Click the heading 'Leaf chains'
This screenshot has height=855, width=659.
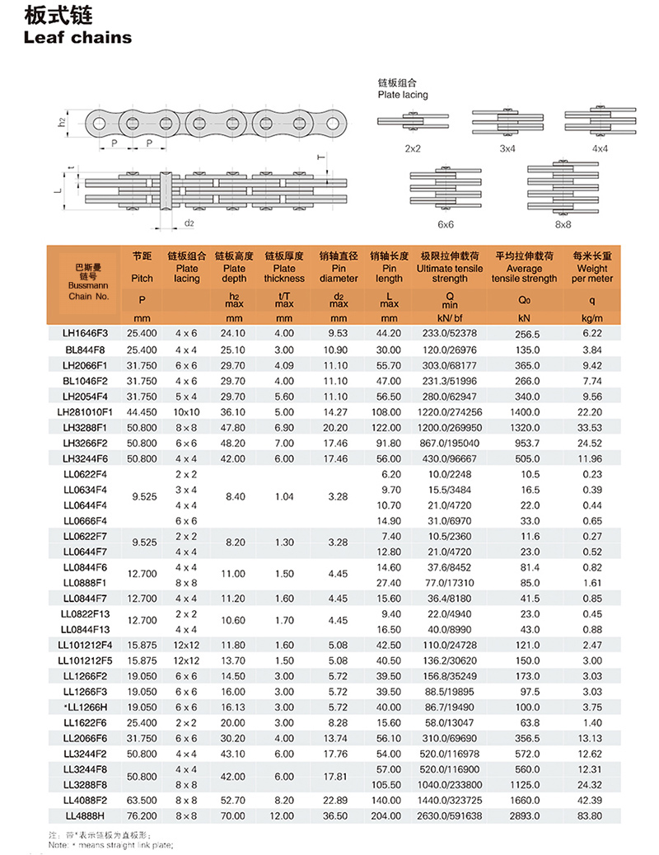coord(78,37)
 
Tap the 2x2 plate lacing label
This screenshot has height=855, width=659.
coord(413,148)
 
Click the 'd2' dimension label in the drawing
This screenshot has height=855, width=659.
coord(189,223)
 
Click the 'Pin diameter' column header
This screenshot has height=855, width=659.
coord(339,267)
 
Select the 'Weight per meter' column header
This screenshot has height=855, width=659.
coord(592,267)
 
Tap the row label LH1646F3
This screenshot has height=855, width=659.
coord(86,333)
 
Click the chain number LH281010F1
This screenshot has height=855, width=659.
coord(86,411)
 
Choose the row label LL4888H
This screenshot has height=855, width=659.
coord(86,815)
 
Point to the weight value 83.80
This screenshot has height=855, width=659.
coord(591,815)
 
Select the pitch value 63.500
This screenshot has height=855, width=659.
coord(142,799)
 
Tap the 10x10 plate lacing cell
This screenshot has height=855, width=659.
coord(187,411)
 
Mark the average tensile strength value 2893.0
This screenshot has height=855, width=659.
coord(524,815)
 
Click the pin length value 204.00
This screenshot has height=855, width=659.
coord(389,815)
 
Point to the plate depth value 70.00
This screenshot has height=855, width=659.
coord(234,815)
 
